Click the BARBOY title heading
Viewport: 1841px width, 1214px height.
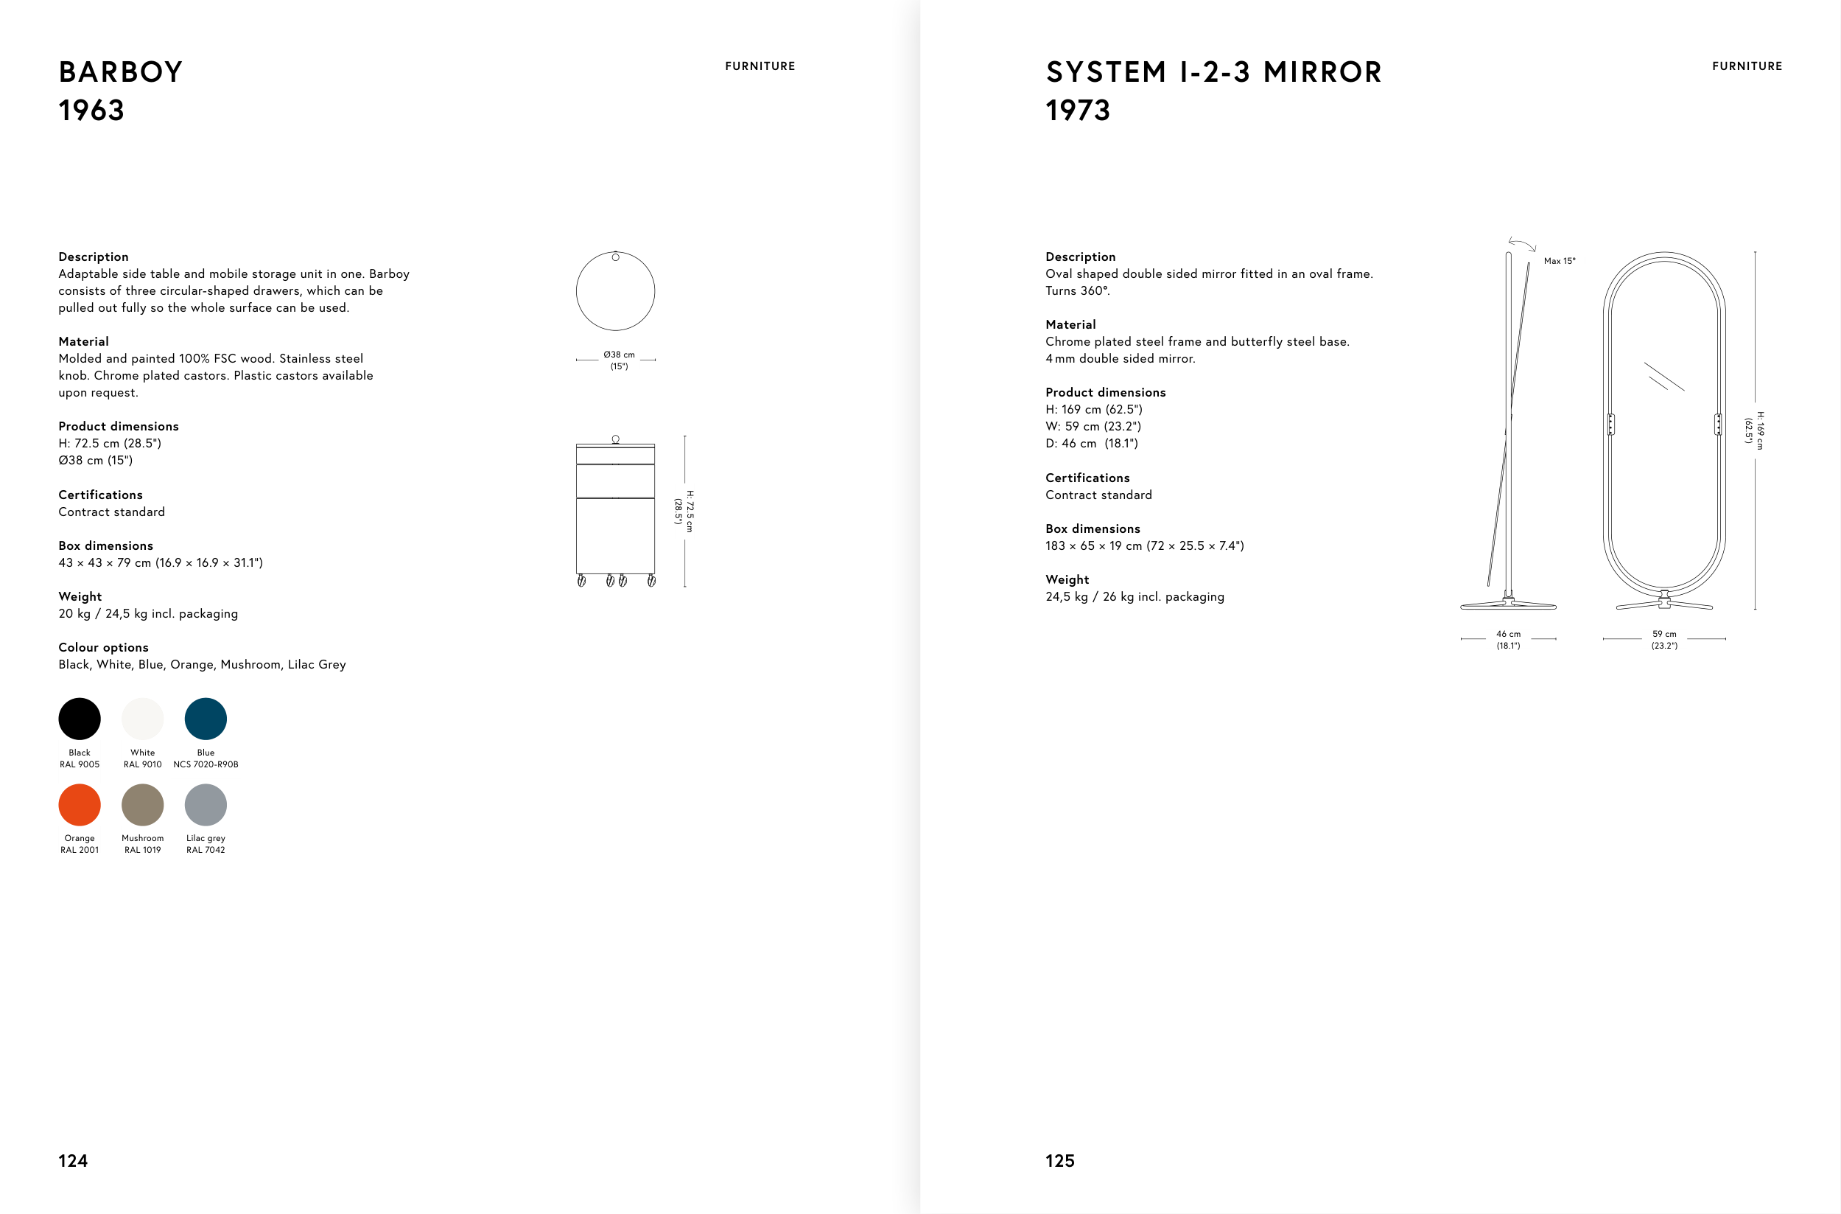pos(121,72)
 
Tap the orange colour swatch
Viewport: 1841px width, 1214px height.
pos(80,804)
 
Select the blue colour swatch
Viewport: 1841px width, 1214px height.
pos(206,719)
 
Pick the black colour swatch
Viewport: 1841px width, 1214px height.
pos(80,719)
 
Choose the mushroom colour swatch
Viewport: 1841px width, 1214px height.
pos(142,804)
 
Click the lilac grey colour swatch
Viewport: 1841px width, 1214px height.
pos(206,804)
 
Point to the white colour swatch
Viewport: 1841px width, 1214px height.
pos(142,719)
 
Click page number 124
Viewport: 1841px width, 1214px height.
pos(73,1161)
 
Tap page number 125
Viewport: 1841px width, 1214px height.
pos(1059,1161)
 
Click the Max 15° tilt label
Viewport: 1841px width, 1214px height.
pos(1560,261)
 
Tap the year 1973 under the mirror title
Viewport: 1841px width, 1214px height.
pos(1078,111)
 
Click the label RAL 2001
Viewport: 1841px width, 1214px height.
pos(80,849)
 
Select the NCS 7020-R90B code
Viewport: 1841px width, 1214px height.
pos(206,764)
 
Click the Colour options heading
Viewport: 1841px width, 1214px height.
pos(104,647)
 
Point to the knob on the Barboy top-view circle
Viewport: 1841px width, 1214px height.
pos(616,257)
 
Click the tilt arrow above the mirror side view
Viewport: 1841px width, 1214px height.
pos(1522,244)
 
